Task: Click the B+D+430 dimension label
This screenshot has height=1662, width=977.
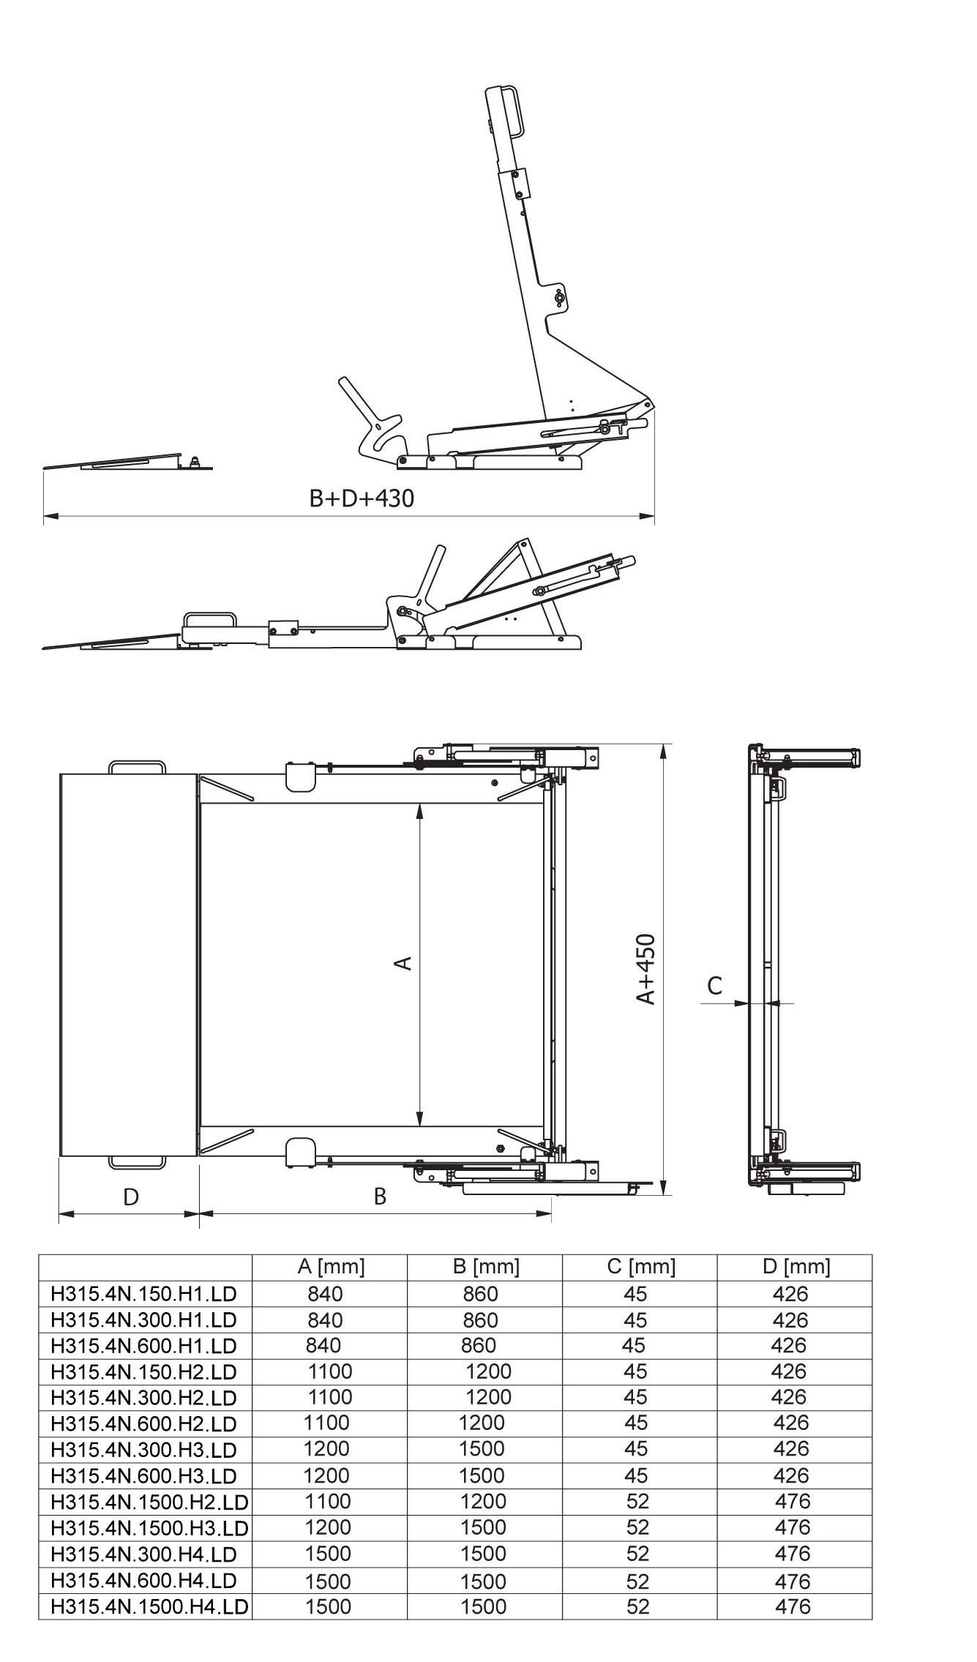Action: click(x=362, y=498)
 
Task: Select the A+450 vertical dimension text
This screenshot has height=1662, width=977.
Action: click(x=645, y=969)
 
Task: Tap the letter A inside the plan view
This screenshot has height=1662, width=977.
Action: click(x=403, y=962)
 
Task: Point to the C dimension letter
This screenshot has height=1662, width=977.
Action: click(x=715, y=985)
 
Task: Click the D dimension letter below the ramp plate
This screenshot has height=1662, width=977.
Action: click(x=130, y=1197)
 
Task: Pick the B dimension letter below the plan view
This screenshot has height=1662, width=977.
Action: click(x=380, y=1196)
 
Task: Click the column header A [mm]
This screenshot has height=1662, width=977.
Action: click(x=331, y=1266)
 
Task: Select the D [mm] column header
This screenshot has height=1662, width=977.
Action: click(x=796, y=1266)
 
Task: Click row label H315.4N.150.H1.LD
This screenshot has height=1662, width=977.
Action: click(x=144, y=1294)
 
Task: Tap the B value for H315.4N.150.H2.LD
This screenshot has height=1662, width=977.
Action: click(x=488, y=1371)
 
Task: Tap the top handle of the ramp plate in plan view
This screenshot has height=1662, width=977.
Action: click(x=137, y=767)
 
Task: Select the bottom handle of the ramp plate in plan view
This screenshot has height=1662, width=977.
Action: click(x=137, y=1161)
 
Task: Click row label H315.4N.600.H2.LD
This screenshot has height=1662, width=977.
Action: click(x=144, y=1423)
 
